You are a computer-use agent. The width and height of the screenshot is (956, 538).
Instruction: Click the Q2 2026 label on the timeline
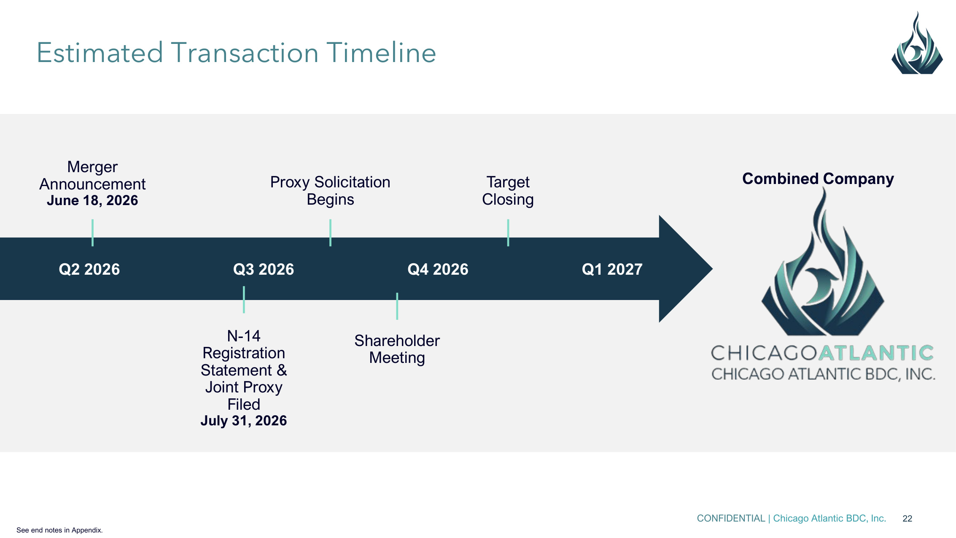pos(89,269)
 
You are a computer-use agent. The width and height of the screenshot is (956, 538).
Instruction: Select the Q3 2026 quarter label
pos(264,269)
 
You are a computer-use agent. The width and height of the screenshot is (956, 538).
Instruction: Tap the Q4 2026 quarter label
pos(438,269)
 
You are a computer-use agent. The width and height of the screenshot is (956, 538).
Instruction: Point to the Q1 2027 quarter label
pos(612,269)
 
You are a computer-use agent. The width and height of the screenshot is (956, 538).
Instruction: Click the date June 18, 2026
pos(92,200)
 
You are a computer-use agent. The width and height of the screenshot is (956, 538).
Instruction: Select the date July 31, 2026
pos(244,421)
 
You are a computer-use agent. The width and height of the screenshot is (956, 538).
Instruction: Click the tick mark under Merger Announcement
pos(92,233)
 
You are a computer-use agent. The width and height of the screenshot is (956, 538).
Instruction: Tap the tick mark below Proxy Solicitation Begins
pos(330,233)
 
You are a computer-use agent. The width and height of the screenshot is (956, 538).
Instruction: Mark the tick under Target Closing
pos(508,233)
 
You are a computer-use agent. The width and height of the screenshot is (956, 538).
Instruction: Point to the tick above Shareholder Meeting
pos(397,306)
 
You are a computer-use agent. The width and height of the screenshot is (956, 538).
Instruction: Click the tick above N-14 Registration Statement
pos(244,300)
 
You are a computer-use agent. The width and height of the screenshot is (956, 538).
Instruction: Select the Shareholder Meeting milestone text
pos(397,349)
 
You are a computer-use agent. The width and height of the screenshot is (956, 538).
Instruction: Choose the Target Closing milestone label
pos(508,191)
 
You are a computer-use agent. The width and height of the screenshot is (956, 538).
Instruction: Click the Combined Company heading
pos(818,179)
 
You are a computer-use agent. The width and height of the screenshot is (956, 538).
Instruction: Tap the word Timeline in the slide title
pos(381,53)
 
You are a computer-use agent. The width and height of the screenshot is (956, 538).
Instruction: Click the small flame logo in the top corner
pos(917,43)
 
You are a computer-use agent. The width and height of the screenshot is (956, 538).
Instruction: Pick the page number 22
pos(908,519)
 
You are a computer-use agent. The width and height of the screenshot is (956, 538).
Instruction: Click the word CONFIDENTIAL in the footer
pos(731,519)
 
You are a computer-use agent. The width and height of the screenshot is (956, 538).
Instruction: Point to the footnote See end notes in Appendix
pos(59,530)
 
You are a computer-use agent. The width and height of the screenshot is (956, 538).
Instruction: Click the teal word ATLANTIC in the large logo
pos(876,353)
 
